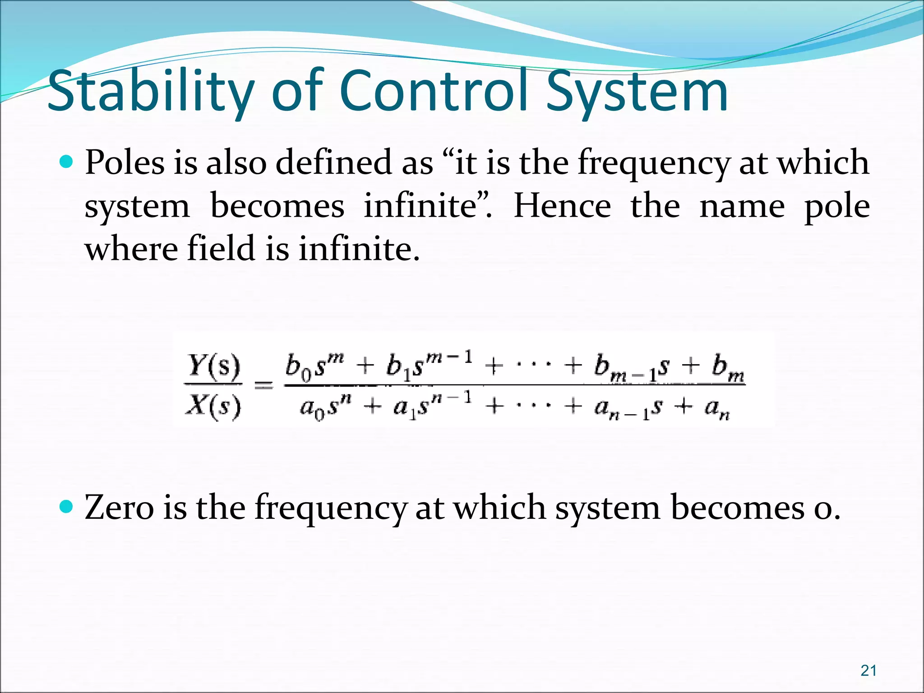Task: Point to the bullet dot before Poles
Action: click(x=66, y=161)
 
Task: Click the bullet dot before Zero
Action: click(x=66, y=507)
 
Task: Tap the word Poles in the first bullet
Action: click(x=125, y=162)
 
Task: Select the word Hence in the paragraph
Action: click(x=562, y=206)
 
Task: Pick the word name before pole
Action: click(x=742, y=206)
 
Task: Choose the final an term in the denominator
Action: click(x=717, y=408)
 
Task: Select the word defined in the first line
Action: click(x=334, y=162)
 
